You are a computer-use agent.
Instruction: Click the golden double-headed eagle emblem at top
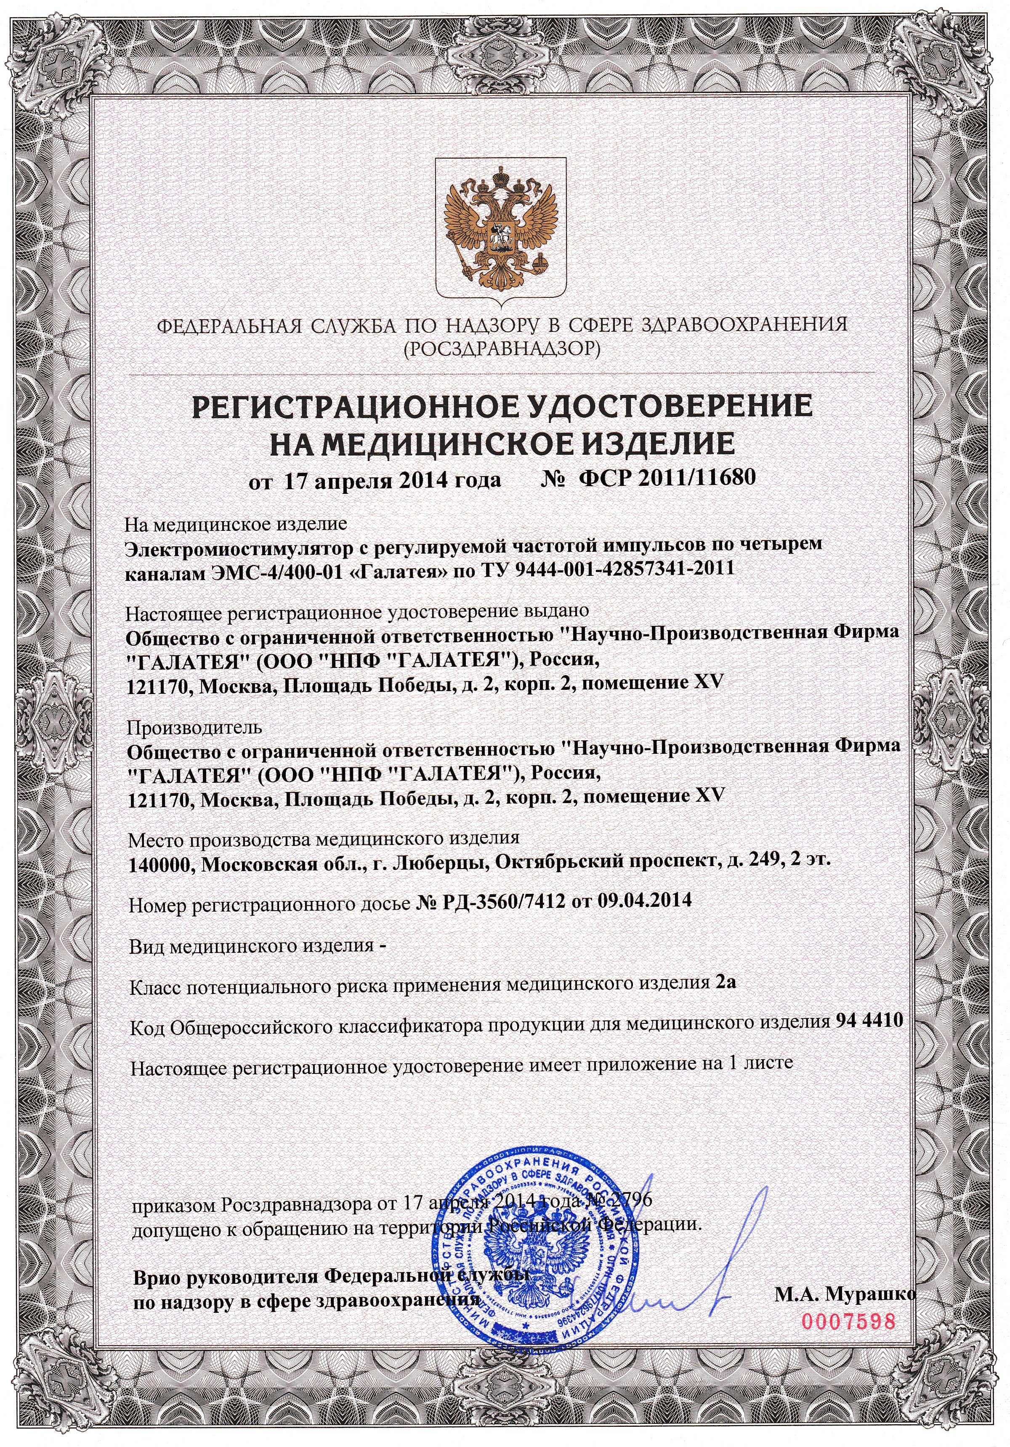click(502, 227)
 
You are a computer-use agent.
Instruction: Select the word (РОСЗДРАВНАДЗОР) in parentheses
click(502, 347)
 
